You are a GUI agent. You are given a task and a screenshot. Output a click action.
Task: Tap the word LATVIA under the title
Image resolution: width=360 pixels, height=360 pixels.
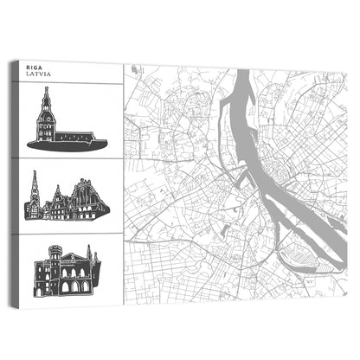click(x=40, y=74)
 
